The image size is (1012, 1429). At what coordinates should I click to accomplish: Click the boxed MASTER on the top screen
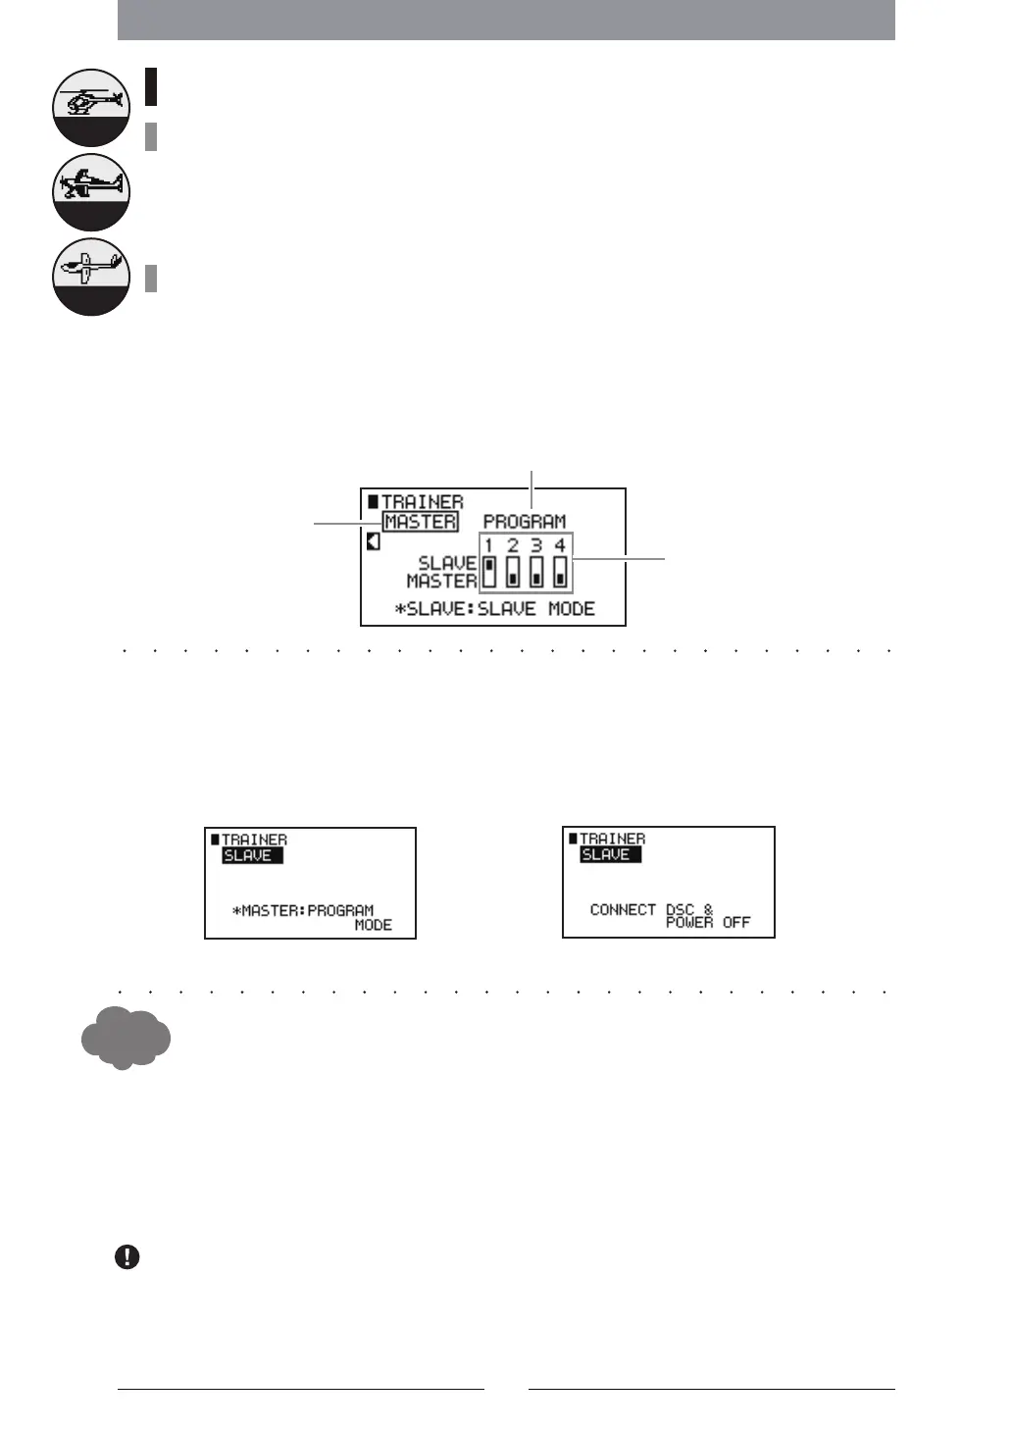pos(420,522)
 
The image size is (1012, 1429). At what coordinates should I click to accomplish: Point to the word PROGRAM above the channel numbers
pos(525,522)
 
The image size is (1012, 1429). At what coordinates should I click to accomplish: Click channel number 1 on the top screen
pos(489,545)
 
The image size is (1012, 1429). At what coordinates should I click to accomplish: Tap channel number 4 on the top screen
pos(560,545)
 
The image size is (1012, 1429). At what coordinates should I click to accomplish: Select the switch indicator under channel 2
pos(513,571)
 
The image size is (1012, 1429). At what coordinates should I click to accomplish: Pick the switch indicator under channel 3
pos(536,571)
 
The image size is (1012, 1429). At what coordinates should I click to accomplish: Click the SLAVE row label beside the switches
pos(447,564)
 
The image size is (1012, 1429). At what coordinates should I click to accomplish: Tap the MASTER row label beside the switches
pos(441,581)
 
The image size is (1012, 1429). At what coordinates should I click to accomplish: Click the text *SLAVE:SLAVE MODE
pos(495,609)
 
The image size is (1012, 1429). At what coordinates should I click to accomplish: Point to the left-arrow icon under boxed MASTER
pos(374,541)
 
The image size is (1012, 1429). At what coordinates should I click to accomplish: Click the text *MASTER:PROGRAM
pos(303,910)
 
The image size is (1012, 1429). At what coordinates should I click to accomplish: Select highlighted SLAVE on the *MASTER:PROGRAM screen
pos(252,855)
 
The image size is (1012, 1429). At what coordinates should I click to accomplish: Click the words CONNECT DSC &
pos(651,909)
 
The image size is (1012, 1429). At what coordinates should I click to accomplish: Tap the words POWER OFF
pos(708,923)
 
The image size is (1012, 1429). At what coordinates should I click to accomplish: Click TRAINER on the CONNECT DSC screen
pos(612,839)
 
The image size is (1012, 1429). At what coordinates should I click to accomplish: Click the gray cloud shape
pos(125,1037)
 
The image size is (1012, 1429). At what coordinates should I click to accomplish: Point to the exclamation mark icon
pos(127,1257)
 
